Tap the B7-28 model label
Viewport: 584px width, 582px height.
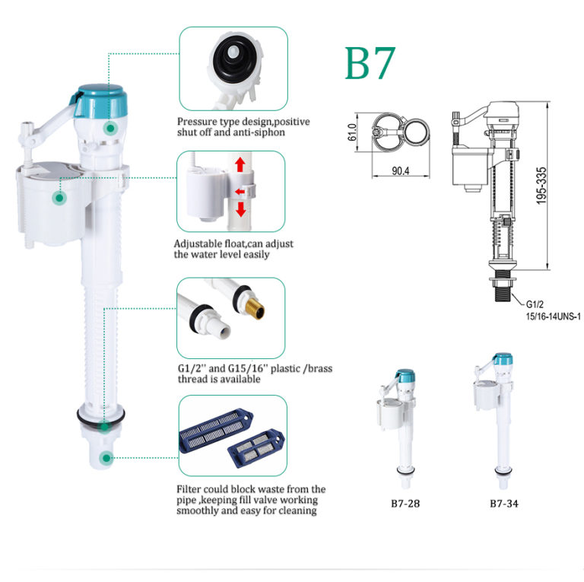401,503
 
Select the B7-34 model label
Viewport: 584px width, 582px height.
505,503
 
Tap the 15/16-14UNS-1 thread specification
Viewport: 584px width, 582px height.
547,316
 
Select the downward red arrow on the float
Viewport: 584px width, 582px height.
240,209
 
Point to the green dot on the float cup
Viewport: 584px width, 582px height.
59,198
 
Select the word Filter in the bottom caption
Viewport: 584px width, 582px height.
189,488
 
